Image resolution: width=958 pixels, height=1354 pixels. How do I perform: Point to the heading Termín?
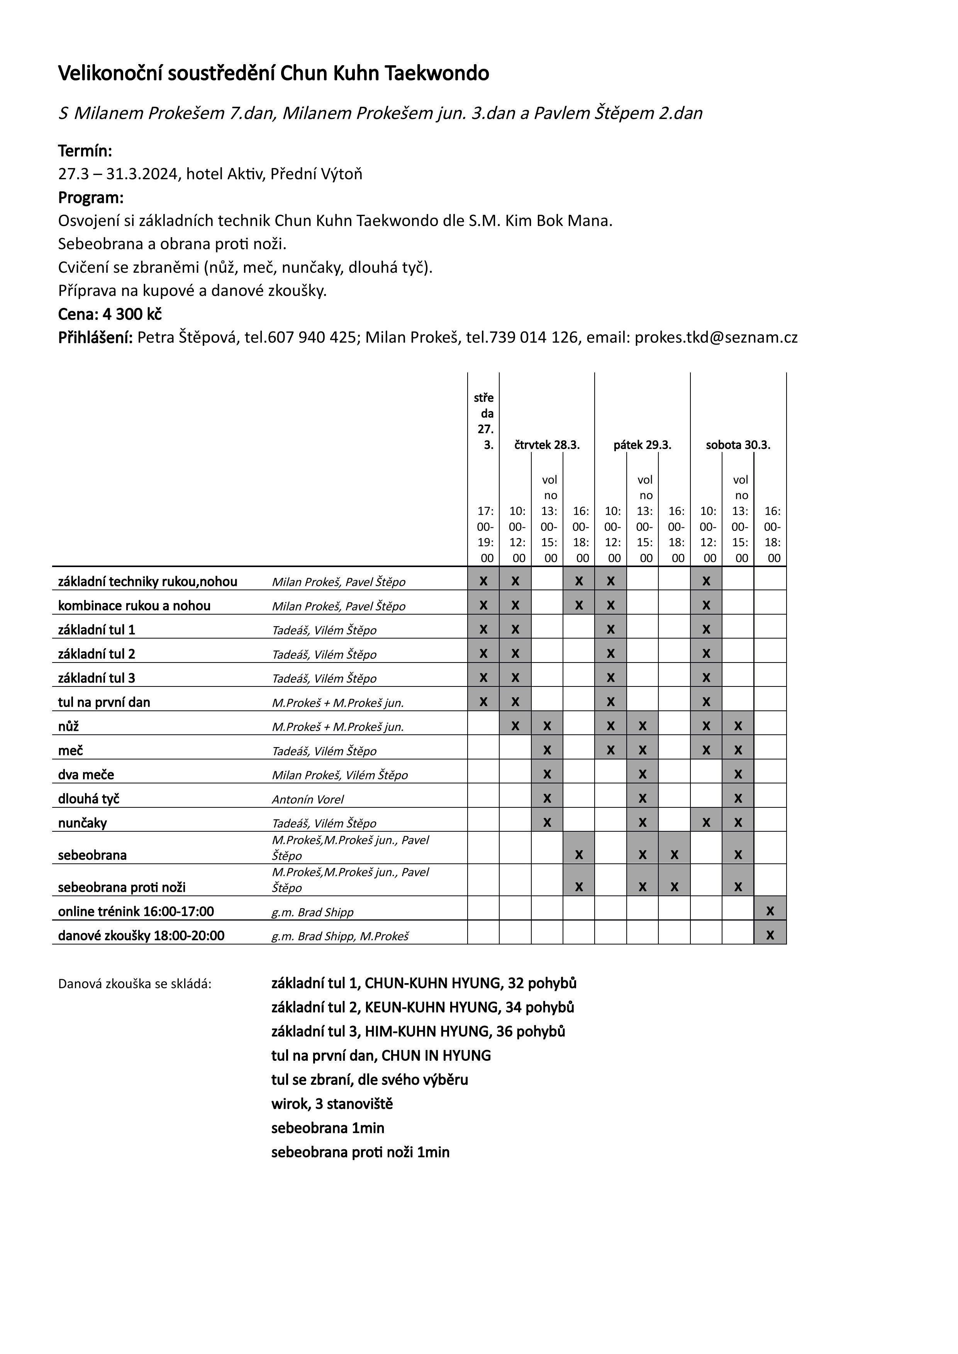pos(85,151)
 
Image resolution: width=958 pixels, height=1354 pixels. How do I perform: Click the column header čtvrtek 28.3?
pos(547,445)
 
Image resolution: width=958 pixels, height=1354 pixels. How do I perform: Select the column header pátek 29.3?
pos(643,445)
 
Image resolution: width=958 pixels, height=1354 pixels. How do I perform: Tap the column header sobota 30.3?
pos(738,445)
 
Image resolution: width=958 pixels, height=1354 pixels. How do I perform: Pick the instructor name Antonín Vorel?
pos(307,800)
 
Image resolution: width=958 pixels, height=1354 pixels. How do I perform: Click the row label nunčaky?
pos(83,823)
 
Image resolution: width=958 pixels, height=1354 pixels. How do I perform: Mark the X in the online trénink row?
pos(770,911)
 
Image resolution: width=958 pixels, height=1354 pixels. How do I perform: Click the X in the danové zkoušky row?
pos(770,936)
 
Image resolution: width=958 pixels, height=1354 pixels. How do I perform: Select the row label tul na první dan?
pos(104,702)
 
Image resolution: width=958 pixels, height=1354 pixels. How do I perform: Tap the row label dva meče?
pos(86,775)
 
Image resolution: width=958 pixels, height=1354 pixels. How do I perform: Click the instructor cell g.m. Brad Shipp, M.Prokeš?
pos(340,936)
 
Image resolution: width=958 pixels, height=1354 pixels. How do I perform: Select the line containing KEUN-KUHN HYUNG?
pos(422,1007)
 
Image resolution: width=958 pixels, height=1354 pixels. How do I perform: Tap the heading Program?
pos(91,198)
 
